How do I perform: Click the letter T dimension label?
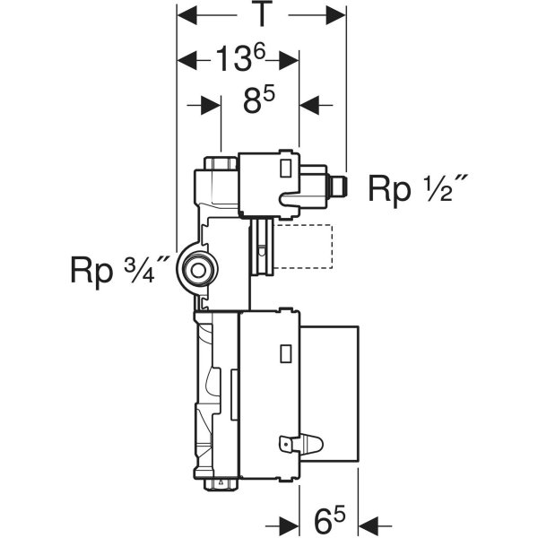pos(261,15)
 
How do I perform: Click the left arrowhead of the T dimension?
pos(186,14)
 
